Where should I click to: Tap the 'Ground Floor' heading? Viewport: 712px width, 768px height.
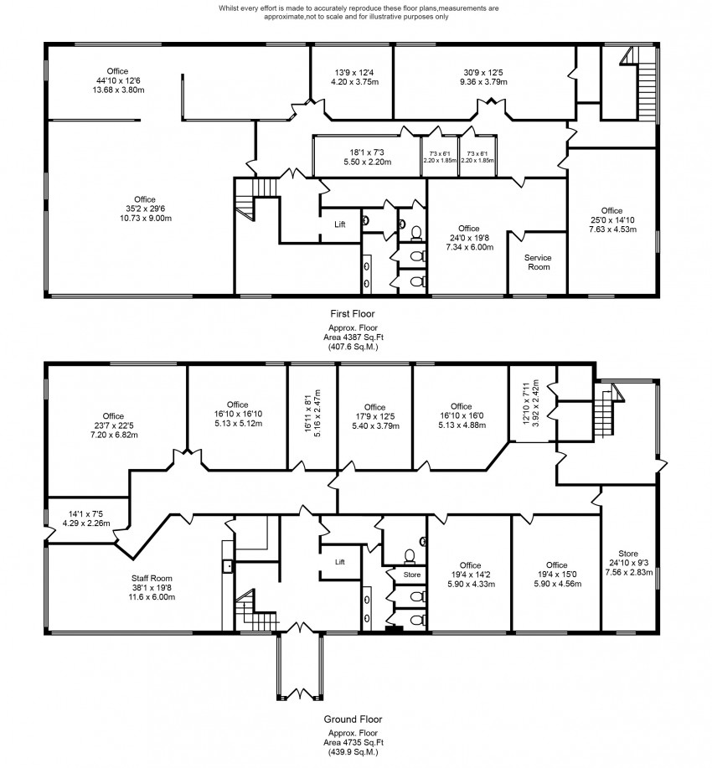coord(356,719)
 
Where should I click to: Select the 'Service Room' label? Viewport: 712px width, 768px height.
coord(538,262)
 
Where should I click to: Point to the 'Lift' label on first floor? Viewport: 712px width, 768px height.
coord(340,224)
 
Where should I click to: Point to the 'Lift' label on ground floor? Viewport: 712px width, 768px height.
coord(340,562)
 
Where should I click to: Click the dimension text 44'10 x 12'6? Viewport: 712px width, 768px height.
coord(117,80)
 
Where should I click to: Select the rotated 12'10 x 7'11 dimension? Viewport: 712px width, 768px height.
coord(530,409)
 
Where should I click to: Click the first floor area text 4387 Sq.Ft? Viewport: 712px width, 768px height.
coord(356,337)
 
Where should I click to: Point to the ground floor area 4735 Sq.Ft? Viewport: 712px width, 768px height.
coord(356,743)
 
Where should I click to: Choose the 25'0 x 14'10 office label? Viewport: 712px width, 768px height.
coord(611,219)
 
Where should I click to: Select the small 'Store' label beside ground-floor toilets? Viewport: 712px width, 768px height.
coord(411,575)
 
